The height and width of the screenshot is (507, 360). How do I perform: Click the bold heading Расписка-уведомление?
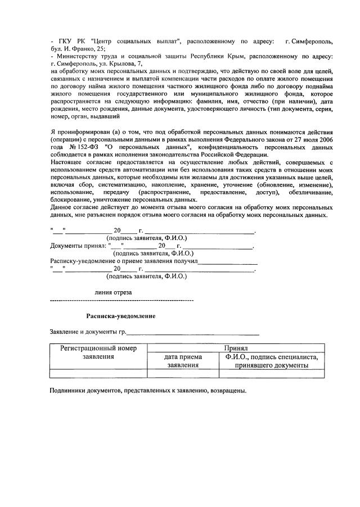click(x=120, y=316)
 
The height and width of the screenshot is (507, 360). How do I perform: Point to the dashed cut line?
click(x=121, y=302)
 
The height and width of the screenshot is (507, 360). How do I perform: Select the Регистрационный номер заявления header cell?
click(x=98, y=352)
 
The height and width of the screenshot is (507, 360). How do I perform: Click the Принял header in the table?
click(x=235, y=348)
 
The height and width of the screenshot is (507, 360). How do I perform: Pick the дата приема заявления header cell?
click(x=183, y=361)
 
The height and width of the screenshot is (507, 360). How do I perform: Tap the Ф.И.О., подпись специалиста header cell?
click(x=271, y=361)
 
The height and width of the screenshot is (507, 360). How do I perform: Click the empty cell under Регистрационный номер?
click(x=98, y=373)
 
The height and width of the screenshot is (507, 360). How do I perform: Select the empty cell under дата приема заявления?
click(x=183, y=373)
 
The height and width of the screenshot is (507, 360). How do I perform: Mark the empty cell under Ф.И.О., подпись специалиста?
click(x=271, y=373)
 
